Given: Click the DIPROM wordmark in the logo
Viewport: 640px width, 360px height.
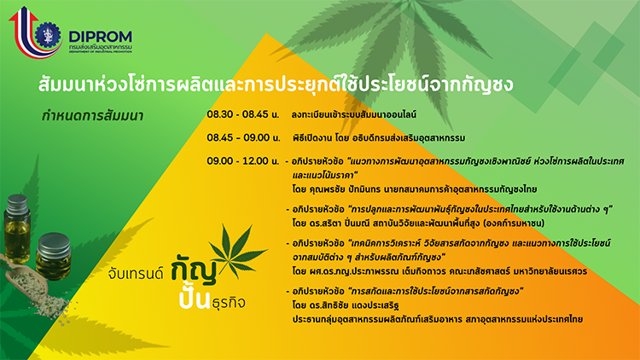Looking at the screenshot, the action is (100, 37).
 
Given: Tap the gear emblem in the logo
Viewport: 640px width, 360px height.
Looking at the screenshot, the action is (48, 35).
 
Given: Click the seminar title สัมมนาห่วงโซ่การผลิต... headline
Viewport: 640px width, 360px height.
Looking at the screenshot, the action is (276, 84).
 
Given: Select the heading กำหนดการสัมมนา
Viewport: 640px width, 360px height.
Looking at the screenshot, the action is (93, 116).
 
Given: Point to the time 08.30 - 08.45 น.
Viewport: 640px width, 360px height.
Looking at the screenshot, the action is (243, 114).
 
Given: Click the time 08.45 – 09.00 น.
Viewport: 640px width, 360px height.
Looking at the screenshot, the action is (244, 137).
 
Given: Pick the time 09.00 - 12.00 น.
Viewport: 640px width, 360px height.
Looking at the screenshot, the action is (243, 161).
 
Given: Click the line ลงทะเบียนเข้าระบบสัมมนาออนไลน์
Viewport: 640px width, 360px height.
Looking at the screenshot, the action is (354, 114).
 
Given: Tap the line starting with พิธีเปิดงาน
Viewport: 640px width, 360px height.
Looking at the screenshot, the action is (379, 138).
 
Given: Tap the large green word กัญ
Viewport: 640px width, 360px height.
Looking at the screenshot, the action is (194, 269).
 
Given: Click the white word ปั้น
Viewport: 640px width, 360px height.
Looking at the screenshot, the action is (195, 299).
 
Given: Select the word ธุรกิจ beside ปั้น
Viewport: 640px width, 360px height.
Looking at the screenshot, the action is (229, 303).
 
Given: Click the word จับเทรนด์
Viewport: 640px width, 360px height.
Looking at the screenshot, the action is (136, 274).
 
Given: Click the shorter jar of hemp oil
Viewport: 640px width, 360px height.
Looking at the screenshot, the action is (54, 256).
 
